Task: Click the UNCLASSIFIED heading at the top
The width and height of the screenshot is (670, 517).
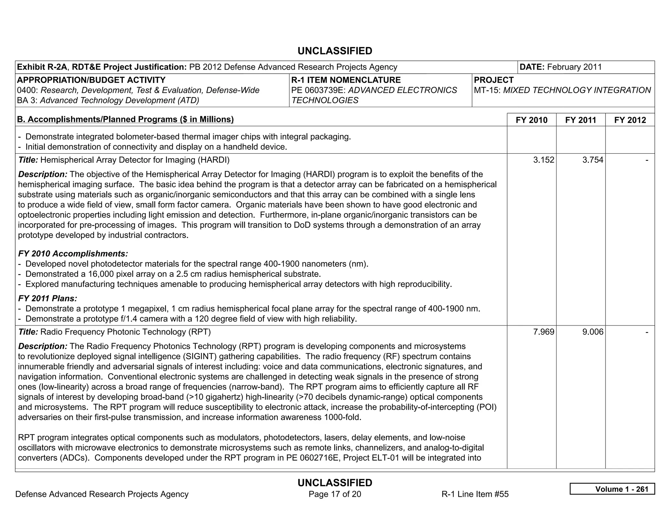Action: point(335,51)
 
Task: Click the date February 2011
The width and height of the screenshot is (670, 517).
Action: point(574,67)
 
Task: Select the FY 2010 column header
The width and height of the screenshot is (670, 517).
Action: point(531,120)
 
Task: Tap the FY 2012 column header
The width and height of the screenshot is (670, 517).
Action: point(630,120)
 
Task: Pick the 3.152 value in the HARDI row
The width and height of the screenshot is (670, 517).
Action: point(543,160)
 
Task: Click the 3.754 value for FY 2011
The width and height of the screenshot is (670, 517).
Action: point(592,160)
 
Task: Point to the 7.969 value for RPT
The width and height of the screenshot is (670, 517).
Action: point(543,332)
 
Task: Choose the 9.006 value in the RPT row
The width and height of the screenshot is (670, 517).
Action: point(592,332)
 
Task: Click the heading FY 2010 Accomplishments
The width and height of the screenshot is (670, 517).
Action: point(73,254)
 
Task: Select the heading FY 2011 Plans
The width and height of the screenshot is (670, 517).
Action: point(48,298)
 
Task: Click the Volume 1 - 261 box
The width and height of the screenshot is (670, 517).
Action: point(612,489)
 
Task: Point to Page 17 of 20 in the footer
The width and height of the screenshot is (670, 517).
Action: point(335,494)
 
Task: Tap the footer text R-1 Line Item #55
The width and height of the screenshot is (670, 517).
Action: point(475,494)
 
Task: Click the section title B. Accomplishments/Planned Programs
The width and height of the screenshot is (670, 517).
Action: point(125,120)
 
